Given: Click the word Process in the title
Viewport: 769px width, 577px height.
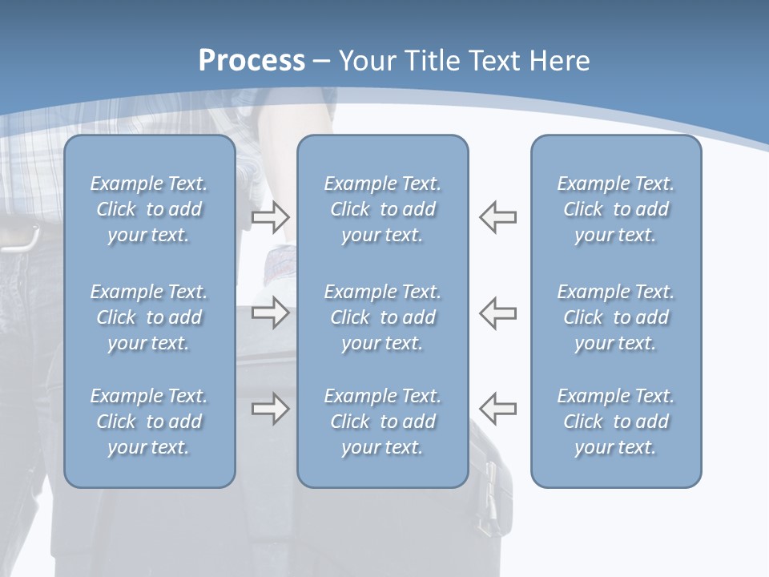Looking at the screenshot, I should point(252,60).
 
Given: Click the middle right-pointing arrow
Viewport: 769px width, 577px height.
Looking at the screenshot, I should point(270,313).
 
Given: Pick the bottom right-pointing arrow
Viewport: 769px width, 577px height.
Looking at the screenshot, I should point(270,409).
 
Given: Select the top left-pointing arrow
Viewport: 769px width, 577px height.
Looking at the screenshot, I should point(497,216).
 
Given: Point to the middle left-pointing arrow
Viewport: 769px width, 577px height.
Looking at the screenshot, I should point(497,313).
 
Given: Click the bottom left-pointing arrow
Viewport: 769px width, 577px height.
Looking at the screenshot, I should point(497,409).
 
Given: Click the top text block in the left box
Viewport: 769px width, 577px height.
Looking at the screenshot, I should point(149,209).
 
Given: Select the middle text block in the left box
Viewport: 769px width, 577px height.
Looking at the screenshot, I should point(149,317).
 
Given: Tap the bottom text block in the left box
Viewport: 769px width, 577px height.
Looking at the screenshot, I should point(149,422).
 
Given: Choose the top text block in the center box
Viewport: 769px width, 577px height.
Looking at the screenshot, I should point(382,209).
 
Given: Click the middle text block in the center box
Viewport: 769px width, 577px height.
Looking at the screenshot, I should point(382,317).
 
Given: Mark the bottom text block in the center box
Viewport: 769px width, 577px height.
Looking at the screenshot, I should point(382,422).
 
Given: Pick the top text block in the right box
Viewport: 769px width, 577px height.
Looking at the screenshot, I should point(616,209).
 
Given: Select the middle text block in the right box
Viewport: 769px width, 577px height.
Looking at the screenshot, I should point(616,317).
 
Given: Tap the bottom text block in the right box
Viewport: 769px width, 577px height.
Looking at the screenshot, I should point(616,422).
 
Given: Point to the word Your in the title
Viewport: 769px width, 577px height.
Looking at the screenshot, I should point(365,60).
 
